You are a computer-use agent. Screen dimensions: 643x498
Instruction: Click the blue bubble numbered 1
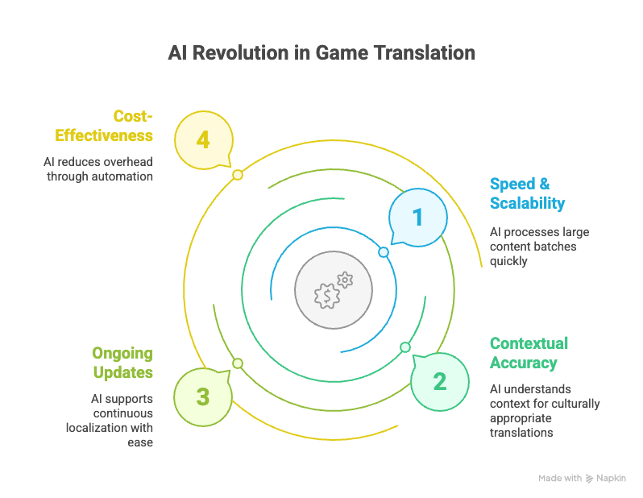pyautogui.click(x=418, y=218)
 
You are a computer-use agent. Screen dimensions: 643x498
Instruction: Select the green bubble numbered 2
pyautogui.click(x=440, y=381)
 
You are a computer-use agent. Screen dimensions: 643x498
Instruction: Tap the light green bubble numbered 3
pyautogui.click(x=203, y=397)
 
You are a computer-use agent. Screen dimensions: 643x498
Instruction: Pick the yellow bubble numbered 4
pyautogui.click(x=204, y=140)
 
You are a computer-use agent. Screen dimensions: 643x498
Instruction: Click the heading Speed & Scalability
pyautogui.click(x=527, y=193)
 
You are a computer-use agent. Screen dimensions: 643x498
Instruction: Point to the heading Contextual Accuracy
pyautogui.click(x=529, y=353)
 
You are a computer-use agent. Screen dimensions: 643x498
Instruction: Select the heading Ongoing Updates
pyautogui.click(x=122, y=363)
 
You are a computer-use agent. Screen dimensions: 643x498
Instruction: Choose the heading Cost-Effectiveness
pyautogui.click(x=104, y=126)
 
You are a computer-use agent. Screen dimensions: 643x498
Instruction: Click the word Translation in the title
pyautogui.click(x=424, y=53)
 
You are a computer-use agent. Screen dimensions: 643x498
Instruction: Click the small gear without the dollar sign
pyautogui.click(x=345, y=280)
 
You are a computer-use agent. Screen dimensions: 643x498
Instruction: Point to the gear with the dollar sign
pyautogui.click(x=327, y=296)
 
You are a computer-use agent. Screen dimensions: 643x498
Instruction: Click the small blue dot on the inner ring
pyautogui.click(x=384, y=252)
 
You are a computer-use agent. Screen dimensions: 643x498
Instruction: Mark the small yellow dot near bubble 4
pyautogui.click(x=238, y=175)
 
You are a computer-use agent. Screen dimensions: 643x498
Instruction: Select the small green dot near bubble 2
pyautogui.click(x=405, y=347)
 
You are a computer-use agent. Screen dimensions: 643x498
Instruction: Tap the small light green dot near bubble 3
pyautogui.click(x=238, y=363)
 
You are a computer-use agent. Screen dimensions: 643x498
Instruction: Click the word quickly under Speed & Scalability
pyautogui.click(x=508, y=261)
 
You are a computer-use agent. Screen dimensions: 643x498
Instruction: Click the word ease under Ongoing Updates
pyautogui.click(x=140, y=442)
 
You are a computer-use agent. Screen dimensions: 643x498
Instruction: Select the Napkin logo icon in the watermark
pyautogui.click(x=589, y=479)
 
